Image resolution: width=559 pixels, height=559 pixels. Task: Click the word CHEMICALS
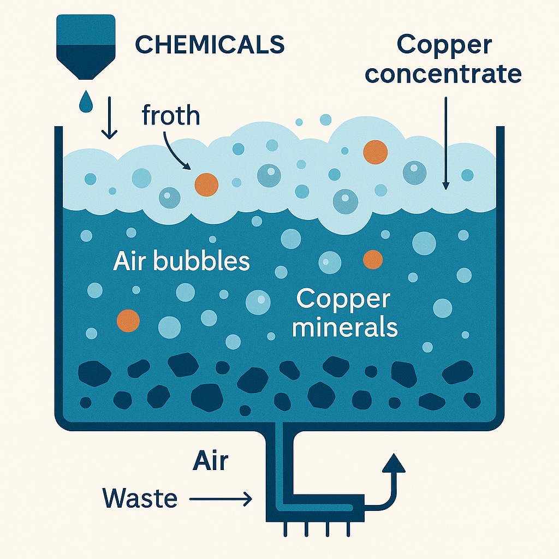(x=210, y=45)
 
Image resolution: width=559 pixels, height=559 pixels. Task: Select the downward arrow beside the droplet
(x=110, y=117)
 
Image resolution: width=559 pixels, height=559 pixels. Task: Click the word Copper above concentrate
(x=444, y=45)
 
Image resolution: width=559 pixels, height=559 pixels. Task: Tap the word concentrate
(x=443, y=74)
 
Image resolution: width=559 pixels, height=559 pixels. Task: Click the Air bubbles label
(x=181, y=262)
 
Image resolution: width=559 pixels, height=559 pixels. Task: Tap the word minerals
(x=344, y=328)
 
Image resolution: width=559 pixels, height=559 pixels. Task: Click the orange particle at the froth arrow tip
(x=206, y=185)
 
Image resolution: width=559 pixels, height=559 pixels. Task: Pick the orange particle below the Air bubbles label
(x=129, y=320)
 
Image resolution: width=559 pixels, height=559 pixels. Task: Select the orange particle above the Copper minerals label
(x=373, y=259)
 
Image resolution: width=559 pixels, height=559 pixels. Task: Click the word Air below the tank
(x=210, y=461)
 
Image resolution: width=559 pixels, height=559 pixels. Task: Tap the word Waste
(x=140, y=498)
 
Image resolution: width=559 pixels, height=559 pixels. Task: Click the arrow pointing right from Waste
(x=221, y=498)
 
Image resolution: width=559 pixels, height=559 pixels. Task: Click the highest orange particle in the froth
(x=376, y=151)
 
